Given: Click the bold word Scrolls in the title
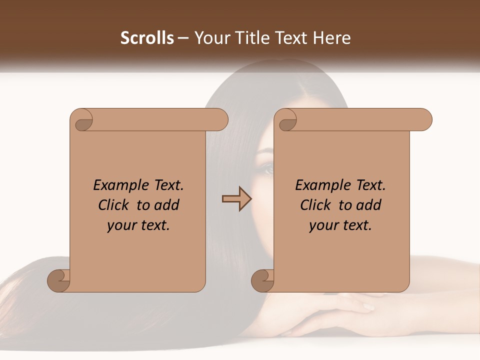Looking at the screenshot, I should click(x=147, y=38).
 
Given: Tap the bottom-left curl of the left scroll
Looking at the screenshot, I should click(x=59, y=281).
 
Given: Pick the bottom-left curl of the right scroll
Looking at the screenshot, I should click(x=263, y=281).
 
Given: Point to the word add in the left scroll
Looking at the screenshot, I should click(x=167, y=205).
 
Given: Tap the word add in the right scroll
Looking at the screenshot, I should click(x=369, y=205).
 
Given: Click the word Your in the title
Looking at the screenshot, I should click(x=212, y=38).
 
